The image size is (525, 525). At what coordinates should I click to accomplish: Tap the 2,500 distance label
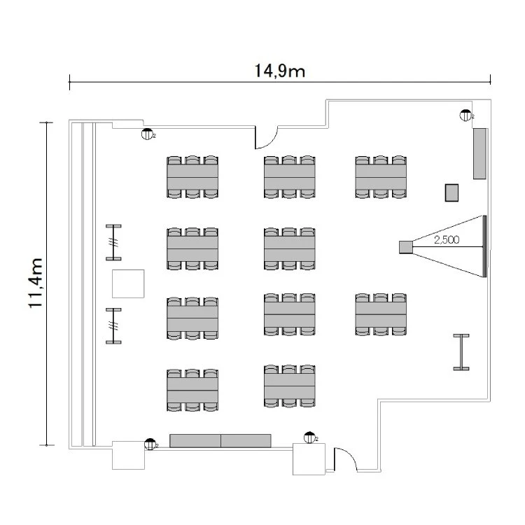(446, 240)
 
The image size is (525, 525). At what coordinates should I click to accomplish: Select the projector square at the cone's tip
(405, 246)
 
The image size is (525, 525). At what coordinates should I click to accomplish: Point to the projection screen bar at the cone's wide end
(483, 246)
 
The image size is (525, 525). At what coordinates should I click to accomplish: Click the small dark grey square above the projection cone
(452, 192)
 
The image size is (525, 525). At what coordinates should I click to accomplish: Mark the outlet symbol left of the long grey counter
(150, 443)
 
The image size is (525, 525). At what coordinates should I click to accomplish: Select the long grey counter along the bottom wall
(220, 440)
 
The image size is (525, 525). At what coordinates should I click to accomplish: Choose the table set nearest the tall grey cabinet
(381, 178)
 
